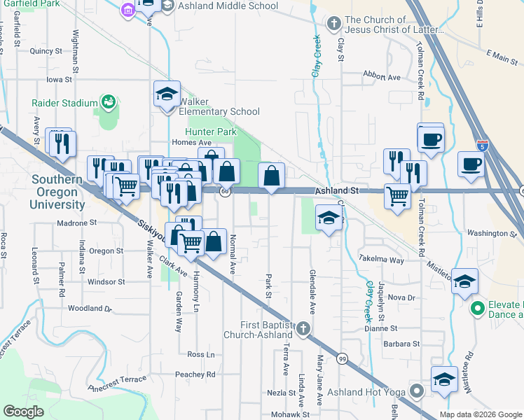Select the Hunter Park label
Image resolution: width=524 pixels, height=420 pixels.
coord(211,132)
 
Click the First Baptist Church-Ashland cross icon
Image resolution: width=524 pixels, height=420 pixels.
coord(303,328)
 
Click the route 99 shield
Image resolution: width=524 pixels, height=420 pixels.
coord(341,358)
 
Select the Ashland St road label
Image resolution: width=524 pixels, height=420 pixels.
coord(336,190)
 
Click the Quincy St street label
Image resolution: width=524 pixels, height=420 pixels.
coord(46,51)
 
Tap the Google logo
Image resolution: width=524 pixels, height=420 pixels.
coord(24,412)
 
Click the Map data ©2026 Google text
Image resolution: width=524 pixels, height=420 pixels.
coord(480,414)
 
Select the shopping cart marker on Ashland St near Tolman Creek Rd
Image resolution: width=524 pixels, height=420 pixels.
coord(397,197)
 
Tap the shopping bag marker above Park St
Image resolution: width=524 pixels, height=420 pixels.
coord(271,176)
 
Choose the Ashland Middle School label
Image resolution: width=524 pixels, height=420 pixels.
coord(228,6)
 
